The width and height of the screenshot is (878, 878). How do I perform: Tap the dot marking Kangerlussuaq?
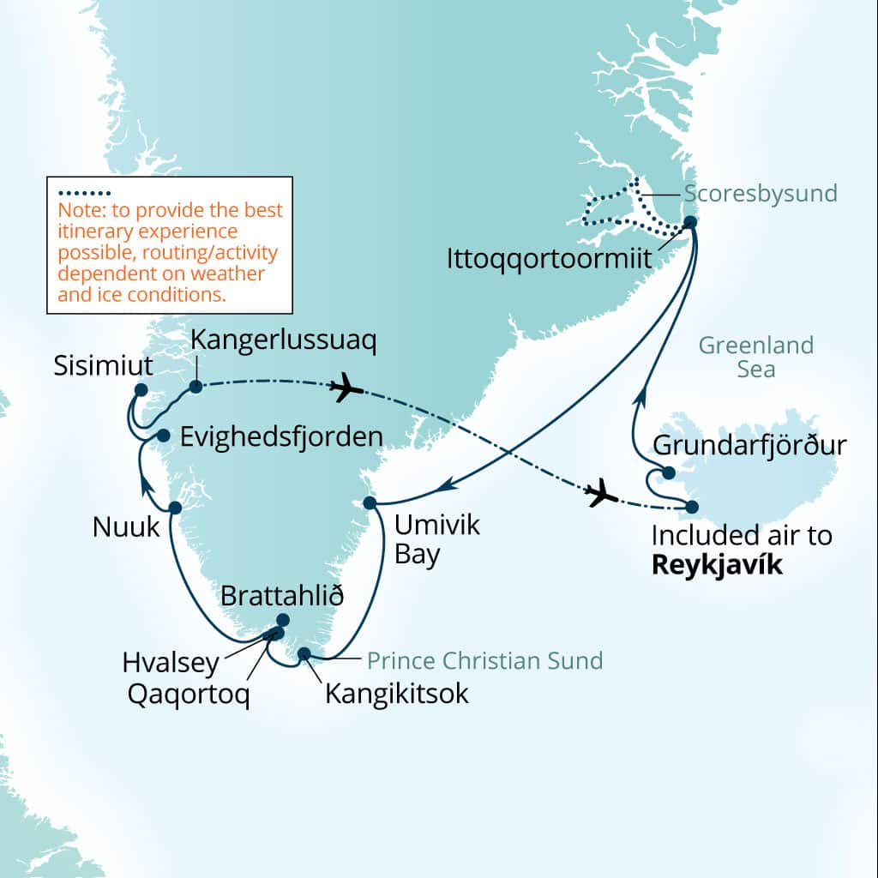tap(195, 387)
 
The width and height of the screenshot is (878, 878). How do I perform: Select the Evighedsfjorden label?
tap(282, 436)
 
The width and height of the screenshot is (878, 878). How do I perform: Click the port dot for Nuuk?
tap(175, 508)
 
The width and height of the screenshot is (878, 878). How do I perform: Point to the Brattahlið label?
tap(282, 596)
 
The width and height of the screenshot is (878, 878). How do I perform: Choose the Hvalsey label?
tap(171, 663)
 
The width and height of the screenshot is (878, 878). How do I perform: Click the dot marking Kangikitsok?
tap(304, 654)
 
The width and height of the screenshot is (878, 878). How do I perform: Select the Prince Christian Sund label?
tap(484, 661)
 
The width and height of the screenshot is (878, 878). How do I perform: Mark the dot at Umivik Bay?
tap(370, 502)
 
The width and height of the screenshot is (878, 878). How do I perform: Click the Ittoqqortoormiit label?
tap(550, 258)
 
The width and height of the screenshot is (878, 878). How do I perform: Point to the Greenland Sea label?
tap(755, 358)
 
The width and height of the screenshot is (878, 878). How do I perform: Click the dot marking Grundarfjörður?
tap(669, 473)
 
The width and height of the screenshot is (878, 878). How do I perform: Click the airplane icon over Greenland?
tap(346, 388)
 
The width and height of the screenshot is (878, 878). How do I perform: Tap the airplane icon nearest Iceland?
tap(602, 493)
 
